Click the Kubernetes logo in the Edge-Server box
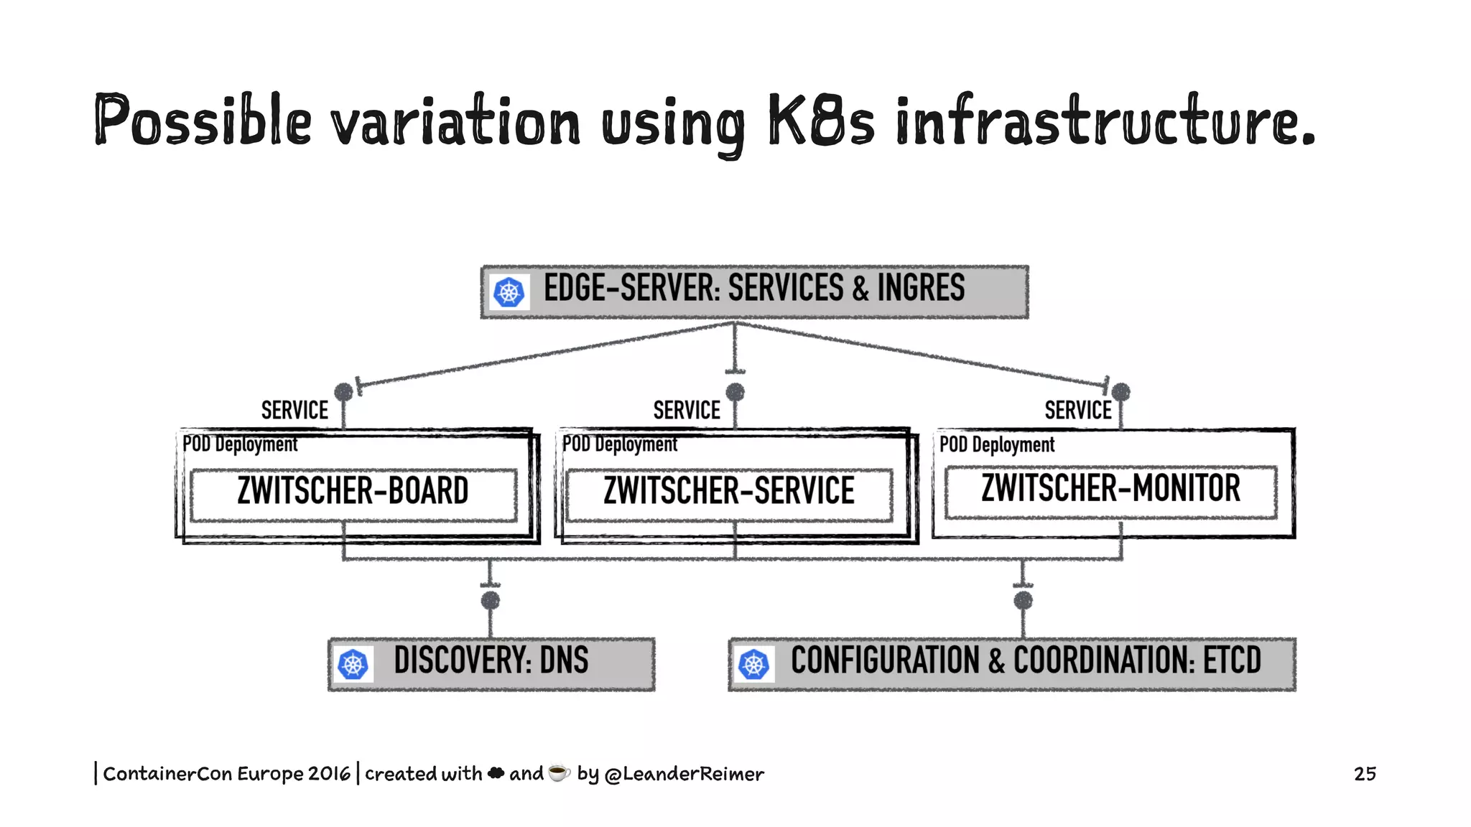(509, 292)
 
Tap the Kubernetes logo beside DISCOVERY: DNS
(353, 664)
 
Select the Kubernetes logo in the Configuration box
(753, 664)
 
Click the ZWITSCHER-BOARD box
(353, 492)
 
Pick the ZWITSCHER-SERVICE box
(728, 492)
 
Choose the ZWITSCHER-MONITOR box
(1110, 490)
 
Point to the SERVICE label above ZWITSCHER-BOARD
(294, 411)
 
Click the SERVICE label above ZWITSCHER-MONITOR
(1077, 411)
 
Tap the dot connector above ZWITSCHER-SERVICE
(735, 392)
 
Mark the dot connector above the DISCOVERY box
(491, 600)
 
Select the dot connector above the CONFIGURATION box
(1023, 600)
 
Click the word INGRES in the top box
(921, 289)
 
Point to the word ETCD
(1232, 660)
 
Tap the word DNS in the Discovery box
(564, 660)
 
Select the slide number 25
(1365, 773)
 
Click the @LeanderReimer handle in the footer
(684, 774)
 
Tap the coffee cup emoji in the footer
(559, 772)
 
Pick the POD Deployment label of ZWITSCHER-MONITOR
(996, 445)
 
